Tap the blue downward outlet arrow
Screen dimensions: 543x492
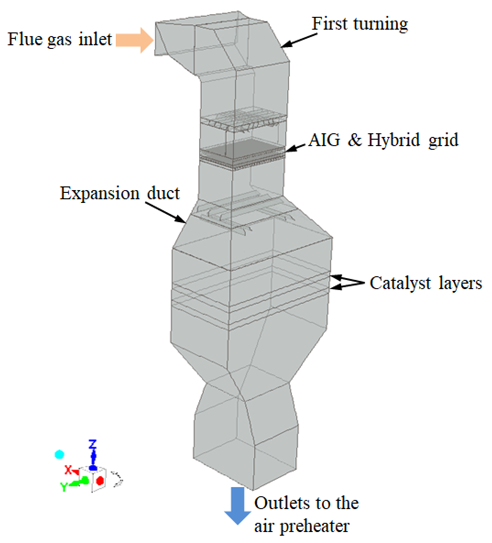pyautogui.click(x=237, y=505)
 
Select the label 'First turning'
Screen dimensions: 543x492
pyautogui.click(x=360, y=24)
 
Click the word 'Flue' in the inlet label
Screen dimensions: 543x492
pyautogui.click(x=25, y=39)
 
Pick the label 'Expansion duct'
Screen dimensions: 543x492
pyautogui.click(x=120, y=193)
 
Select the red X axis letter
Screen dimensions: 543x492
pyautogui.click(x=68, y=470)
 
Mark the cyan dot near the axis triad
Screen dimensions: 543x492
pyautogui.click(x=59, y=454)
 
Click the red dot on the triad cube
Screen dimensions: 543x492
pyautogui.click(x=100, y=480)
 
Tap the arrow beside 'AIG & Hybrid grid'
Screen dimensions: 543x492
pyautogui.click(x=295, y=148)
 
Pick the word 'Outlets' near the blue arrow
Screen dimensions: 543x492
pyautogui.click(x=279, y=503)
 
